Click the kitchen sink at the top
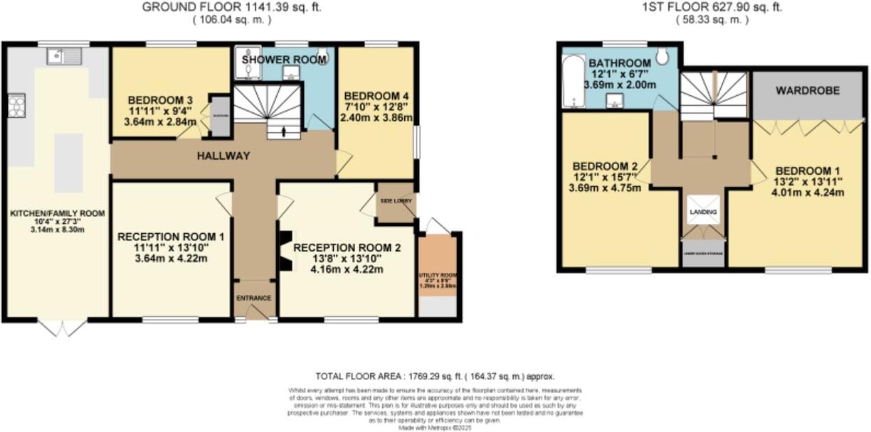tap(66, 56)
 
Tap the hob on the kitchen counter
tap(16, 105)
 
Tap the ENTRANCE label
tap(255, 298)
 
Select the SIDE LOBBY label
tap(396, 201)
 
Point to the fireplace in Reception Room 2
tap(285, 252)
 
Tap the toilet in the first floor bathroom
tap(662, 56)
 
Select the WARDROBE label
tap(808, 91)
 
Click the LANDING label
tap(703, 212)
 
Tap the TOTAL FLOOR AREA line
tap(434, 377)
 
